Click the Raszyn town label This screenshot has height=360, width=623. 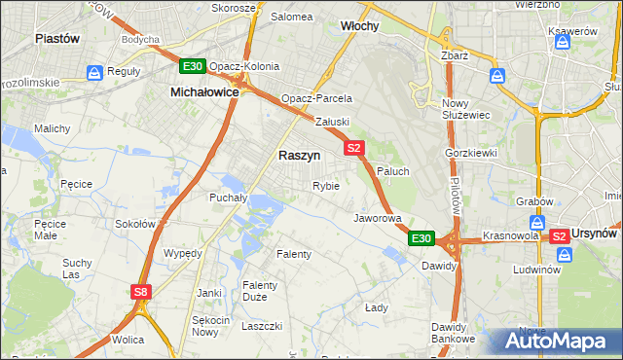point(299,155)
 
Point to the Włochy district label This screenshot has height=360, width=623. point(359,25)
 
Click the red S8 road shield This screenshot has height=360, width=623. point(142,291)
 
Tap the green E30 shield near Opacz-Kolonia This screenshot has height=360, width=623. point(192,66)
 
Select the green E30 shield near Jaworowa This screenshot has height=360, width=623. point(421,238)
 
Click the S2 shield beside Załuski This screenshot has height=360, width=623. point(353,148)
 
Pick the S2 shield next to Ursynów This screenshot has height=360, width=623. point(559,236)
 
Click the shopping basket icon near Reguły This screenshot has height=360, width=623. point(94,72)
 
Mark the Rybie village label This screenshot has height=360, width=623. point(326,186)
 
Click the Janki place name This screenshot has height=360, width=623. point(208,292)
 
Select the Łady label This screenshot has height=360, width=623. point(377,307)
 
